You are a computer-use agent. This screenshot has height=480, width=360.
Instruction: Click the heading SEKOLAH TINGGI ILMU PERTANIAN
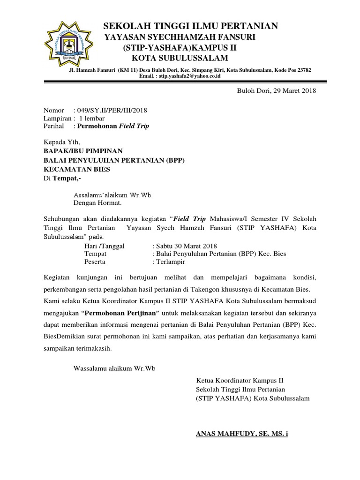[190, 26]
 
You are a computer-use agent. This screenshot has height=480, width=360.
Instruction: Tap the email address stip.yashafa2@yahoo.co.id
[189, 76]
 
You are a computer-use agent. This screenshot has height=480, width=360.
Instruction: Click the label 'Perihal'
[53, 126]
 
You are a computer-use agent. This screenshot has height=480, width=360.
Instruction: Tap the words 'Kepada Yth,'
[62, 142]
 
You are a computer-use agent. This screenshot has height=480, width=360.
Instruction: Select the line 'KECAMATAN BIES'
[77, 169]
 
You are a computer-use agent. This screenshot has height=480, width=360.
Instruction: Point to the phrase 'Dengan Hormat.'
[97, 203]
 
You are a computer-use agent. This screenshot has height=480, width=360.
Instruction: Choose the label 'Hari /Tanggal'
[105, 246]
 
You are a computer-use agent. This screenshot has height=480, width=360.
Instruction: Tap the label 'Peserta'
[95, 262]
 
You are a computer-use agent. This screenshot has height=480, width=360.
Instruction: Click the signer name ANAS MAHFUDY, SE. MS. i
[242, 434]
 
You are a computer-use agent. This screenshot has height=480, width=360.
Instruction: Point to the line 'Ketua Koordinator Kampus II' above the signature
[240, 380]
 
